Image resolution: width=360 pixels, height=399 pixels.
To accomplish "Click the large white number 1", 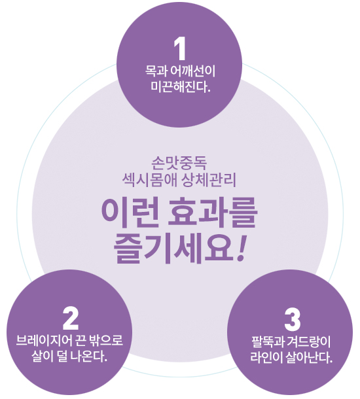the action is coord(180,48).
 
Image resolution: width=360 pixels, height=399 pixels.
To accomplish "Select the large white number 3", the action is coord(293,320).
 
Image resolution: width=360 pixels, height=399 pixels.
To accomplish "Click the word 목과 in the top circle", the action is coord(156,71).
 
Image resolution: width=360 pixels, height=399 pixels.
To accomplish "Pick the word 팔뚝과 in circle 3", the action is coord(268,341).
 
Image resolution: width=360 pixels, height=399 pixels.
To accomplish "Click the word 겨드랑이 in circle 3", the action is coord(308,341).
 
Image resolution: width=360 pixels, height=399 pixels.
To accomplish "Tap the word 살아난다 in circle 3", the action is coord(309,358).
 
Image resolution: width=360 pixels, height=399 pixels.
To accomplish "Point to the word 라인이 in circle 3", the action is coord(266,358).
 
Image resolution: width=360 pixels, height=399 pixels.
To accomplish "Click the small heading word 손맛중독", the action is coord(179,164).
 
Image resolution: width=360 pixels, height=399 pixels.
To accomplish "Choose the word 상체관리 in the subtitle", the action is coord(209,180).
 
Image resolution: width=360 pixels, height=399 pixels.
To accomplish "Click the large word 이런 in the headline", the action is coord(130,213).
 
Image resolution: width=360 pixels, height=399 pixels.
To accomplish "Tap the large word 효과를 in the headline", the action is coord(212,213).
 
